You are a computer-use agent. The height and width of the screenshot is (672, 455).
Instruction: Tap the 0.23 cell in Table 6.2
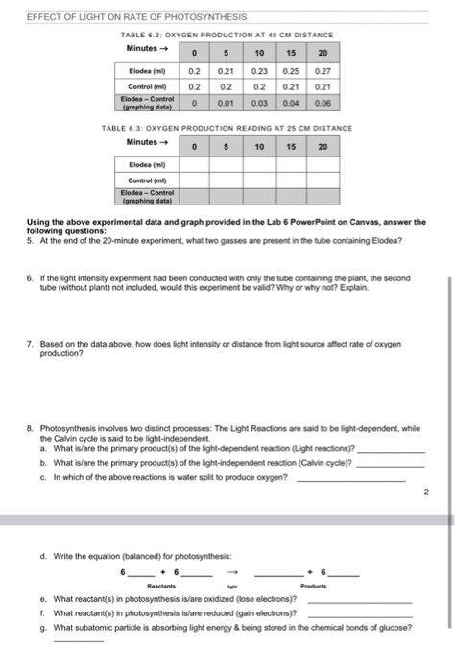pyautogui.click(x=258, y=70)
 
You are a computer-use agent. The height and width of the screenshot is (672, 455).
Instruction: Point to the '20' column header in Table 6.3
pyautogui.click(x=323, y=147)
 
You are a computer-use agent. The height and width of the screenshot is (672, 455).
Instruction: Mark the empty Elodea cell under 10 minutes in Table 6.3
pyautogui.click(x=259, y=164)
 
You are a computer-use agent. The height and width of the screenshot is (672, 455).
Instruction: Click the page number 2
pyautogui.click(x=424, y=493)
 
